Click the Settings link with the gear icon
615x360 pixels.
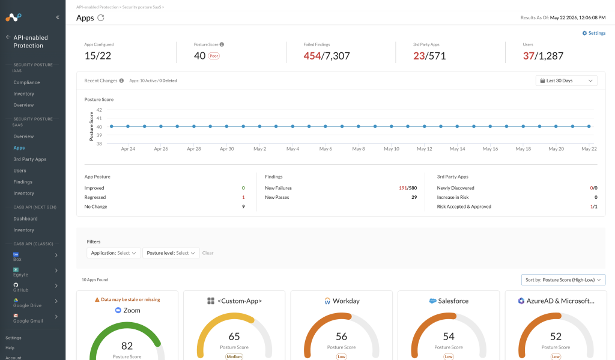[x=594, y=33]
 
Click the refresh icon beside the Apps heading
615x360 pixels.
[x=101, y=17]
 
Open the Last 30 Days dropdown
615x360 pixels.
[x=566, y=81]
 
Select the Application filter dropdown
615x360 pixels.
[x=114, y=253]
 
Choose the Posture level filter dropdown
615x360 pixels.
[x=171, y=253]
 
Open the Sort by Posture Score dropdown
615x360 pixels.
[x=563, y=279]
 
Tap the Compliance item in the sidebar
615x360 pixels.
[x=26, y=82]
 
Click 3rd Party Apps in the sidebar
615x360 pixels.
[x=30, y=159]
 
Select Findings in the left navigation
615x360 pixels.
[x=23, y=182]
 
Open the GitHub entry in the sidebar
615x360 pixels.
[x=21, y=287]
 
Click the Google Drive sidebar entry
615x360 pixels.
[x=27, y=303]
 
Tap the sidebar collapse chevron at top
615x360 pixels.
[x=58, y=17]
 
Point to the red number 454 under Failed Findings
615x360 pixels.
[x=312, y=56]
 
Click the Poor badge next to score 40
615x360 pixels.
[x=214, y=56]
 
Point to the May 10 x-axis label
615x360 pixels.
[x=392, y=149]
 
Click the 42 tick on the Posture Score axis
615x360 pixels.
[x=99, y=110]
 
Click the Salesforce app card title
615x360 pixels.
[x=449, y=301]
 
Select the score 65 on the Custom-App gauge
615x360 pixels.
[x=234, y=337]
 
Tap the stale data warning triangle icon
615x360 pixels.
[x=97, y=299]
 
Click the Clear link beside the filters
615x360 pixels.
[x=208, y=253]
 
